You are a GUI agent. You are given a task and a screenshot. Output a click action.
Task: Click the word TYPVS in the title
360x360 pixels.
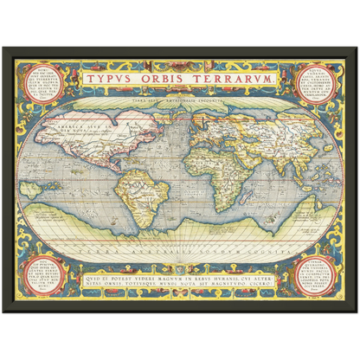pos(115,79)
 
